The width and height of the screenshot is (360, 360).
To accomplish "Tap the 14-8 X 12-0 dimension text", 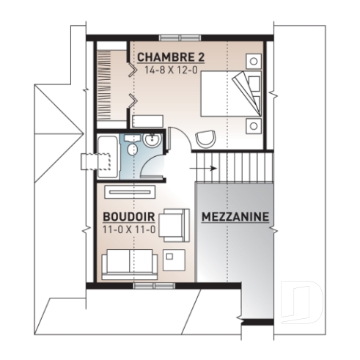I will [x=171, y=71].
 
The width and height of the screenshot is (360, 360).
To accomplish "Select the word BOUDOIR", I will [x=128, y=217].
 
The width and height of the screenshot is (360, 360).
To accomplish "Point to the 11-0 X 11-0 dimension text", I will [x=128, y=230].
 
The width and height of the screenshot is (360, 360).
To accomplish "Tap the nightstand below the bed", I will [x=254, y=125].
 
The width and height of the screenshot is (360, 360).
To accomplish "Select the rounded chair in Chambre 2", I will [x=206, y=139].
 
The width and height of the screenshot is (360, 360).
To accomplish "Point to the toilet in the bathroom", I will [x=133, y=149].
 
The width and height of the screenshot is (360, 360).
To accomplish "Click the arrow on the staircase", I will [x=207, y=168].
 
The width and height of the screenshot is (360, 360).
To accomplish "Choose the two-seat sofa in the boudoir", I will [x=128, y=262].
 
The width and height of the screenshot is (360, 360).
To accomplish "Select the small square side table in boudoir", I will [x=175, y=257].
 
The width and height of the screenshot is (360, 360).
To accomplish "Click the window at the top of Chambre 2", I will [x=178, y=37].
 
